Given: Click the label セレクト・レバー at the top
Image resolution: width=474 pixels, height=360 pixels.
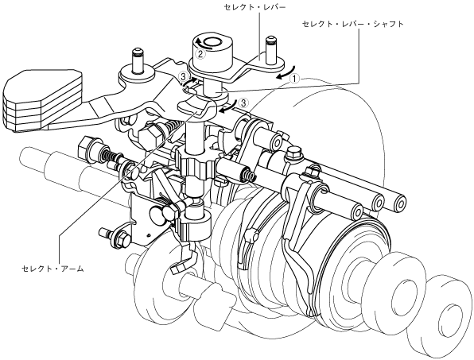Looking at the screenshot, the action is click(x=254, y=7).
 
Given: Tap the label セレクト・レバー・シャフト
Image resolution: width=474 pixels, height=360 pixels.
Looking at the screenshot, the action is click(x=353, y=24).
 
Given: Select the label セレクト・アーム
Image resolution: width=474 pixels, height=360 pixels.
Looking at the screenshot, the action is click(x=52, y=268).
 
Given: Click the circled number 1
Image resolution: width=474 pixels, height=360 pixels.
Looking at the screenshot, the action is click(x=294, y=79).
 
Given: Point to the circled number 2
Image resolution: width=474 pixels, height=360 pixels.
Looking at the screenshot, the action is click(x=201, y=54).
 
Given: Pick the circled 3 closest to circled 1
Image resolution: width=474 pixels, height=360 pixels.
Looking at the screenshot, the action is click(x=243, y=103).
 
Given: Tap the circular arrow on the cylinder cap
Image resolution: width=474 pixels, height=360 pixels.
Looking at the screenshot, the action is click(x=203, y=44).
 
